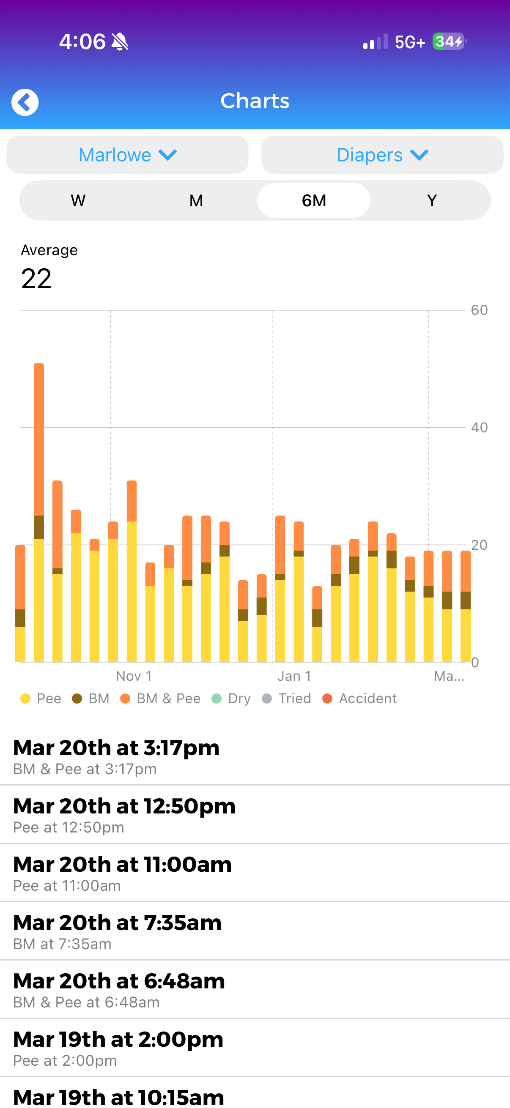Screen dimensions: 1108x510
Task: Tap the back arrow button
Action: click(x=25, y=102)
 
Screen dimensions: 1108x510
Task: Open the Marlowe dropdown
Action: click(x=127, y=155)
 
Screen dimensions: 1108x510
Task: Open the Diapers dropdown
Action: click(x=382, y=155)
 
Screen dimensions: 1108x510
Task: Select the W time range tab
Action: click(x=78, y=200)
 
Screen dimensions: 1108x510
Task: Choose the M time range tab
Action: click(x=196, y=200)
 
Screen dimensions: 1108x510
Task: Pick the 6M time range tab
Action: click(x=314, y=200)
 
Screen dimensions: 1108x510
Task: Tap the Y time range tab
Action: click(x=432, y=200)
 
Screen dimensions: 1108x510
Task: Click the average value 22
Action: click(x=36, y=279)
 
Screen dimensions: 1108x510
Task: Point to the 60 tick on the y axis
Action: click(x=479, y=310)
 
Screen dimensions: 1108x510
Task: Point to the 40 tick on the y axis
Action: click(x=479, y=428)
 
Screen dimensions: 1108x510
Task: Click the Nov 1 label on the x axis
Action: click(x=134, y=676)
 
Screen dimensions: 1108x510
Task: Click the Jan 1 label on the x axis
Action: click(x=294, y=676)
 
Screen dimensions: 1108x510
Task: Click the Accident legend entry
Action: click(x=360, y=699)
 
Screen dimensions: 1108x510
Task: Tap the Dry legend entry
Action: click(x=232, y=699)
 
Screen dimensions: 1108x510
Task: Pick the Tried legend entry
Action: click(x=287, y=699)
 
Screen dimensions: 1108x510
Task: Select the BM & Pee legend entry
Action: click(x=161, y=699)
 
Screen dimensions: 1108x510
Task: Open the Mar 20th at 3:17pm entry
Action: click(x=116, y=756)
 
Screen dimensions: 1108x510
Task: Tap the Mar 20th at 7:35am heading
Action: click(x=117, y=923)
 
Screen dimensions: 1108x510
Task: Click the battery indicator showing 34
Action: click(x=448, y=42)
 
